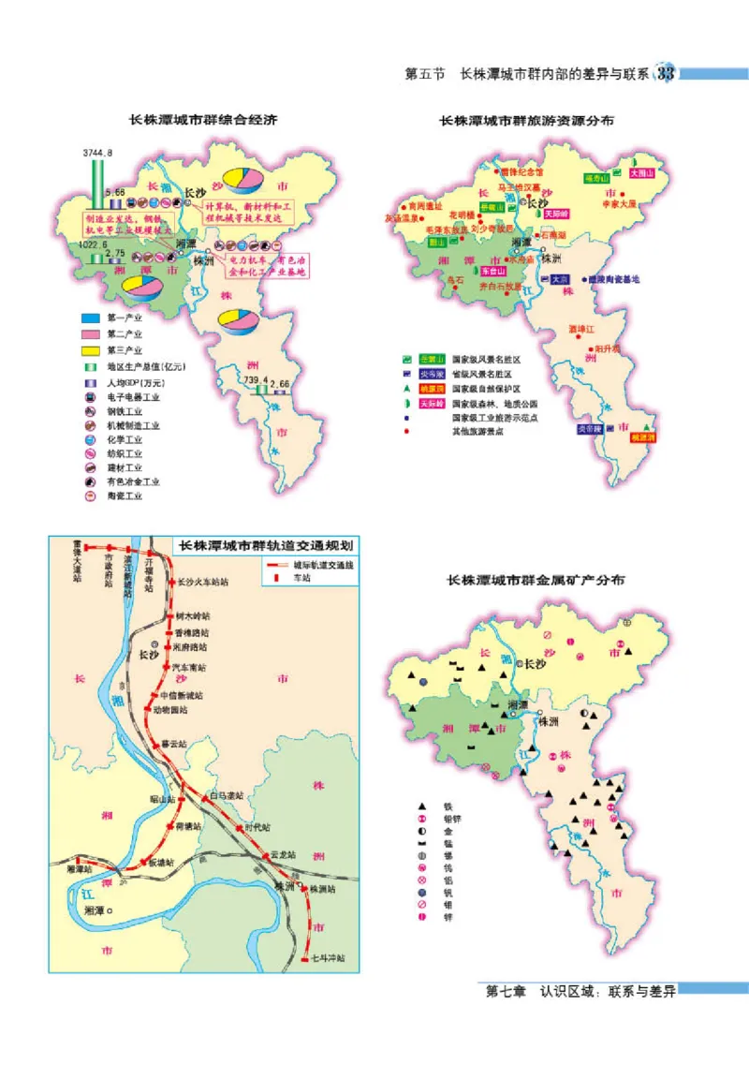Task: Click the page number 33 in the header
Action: coord(667,73)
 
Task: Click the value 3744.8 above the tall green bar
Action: coord(97,152)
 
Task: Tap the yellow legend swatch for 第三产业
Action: coord(89,349)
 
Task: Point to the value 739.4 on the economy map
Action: coord(256,380)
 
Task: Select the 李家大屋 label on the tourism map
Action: coord(619,202)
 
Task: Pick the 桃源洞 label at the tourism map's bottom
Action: coord(642,436)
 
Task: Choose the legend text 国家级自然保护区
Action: coord(485,388)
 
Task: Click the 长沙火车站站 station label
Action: coord(202,581)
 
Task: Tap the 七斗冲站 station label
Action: coord(329,957)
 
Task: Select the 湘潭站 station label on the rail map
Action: coord(80,869)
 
